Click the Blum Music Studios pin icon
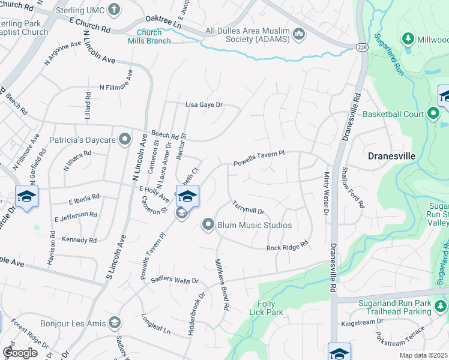point(208,225)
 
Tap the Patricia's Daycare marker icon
point(125,140)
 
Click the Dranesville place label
point(391,156)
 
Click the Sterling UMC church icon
point(115,10)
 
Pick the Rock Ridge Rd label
point(287,246)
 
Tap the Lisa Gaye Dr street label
point(203,104)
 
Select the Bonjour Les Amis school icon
point(113,323)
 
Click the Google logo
point(19,352)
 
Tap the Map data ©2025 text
point(424,356)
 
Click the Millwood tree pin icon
point(408,39)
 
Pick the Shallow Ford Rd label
point(352,187)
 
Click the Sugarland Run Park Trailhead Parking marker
point(440,307)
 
